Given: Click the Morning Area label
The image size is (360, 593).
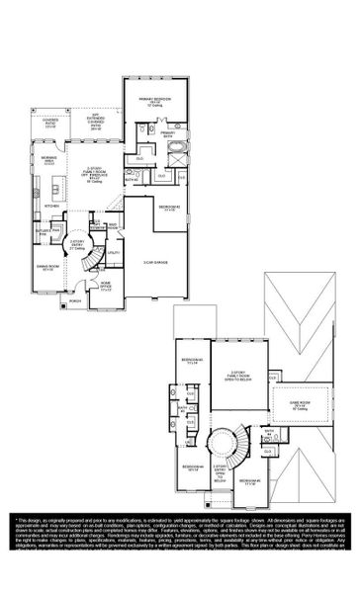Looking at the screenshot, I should coord(48,162).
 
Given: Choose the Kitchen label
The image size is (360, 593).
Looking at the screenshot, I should coord(42,207).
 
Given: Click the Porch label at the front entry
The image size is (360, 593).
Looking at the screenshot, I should coord(75,302).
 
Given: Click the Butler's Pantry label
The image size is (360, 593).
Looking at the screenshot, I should coord(44,231).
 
